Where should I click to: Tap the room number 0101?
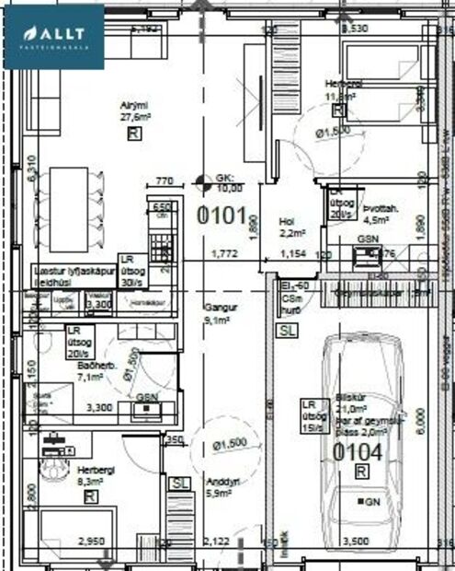tap(224, 217)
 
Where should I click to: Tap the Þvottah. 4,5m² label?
tap(381, 215)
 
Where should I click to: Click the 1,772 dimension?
tap(225, 252)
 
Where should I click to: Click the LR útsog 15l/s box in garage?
tap(315, 415)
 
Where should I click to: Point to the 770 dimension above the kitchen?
tap(165, 181)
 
